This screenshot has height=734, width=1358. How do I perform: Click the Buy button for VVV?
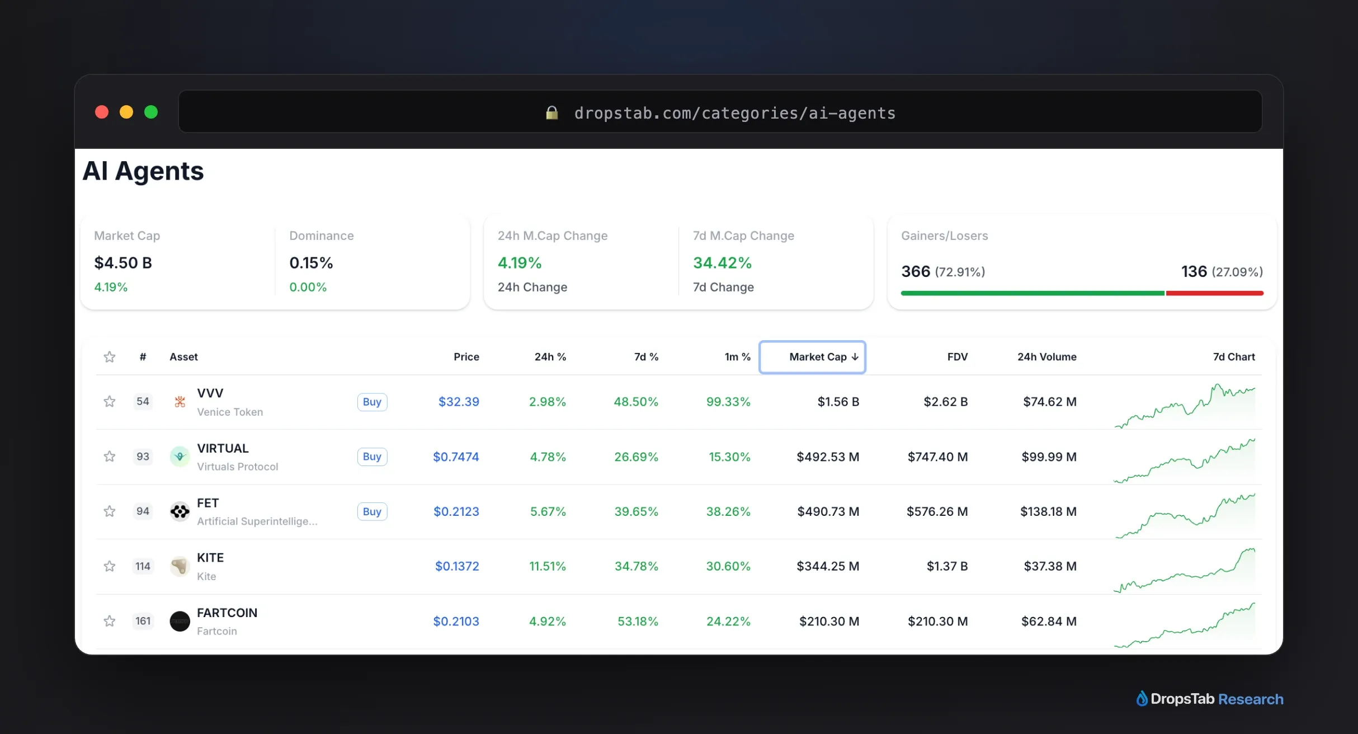pyautogui.click(x=372, y=402)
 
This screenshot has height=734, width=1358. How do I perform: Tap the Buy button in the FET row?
pyautogui.click(x=372, y=511)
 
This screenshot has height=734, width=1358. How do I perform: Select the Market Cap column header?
pyautogui.click(x=812, y=357)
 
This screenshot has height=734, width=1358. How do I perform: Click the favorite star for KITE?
pyautogui.click(x=110, y=566)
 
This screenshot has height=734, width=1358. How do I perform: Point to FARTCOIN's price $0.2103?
pyautogui.click(x=456, y=621)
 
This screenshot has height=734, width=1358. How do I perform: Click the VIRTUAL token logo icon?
pyautogui.click(x=180, y=457)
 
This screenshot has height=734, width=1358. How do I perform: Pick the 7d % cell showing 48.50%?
pyautogui.click(x=636, y=402)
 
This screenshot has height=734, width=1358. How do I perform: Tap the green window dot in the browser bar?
pyautogui.click(x=151, y=112)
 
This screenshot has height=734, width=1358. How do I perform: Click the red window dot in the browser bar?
pyautogui.click(x=102, y=112)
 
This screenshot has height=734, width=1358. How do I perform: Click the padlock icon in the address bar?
pyautogui.click(x=552, y=113)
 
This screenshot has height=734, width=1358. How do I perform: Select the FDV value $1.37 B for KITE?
pyautogui.click(x=947, y=566)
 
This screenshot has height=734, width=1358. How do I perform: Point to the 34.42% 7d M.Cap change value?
pyautogui.click(x=722, y=263)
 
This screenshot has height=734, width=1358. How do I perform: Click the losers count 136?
pyautogui.click(x=1194, y=271)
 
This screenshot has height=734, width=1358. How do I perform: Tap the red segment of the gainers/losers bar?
pyautogui.click(x=1214, y=293)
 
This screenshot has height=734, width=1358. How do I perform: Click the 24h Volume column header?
pyautogui.click(x=1046, y=357)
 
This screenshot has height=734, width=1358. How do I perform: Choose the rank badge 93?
pyautogui.click(x=143, y=457)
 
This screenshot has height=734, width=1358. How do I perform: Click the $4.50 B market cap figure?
pyautogui.click(x=123, y=263)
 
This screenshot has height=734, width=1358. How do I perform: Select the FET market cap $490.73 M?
pyautogui.click(x=828, y=511)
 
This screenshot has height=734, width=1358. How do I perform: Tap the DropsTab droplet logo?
pyautogui.click(x=1142, y=699)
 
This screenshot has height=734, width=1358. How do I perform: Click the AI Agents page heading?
pyautogui.click(x=143, y=171)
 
